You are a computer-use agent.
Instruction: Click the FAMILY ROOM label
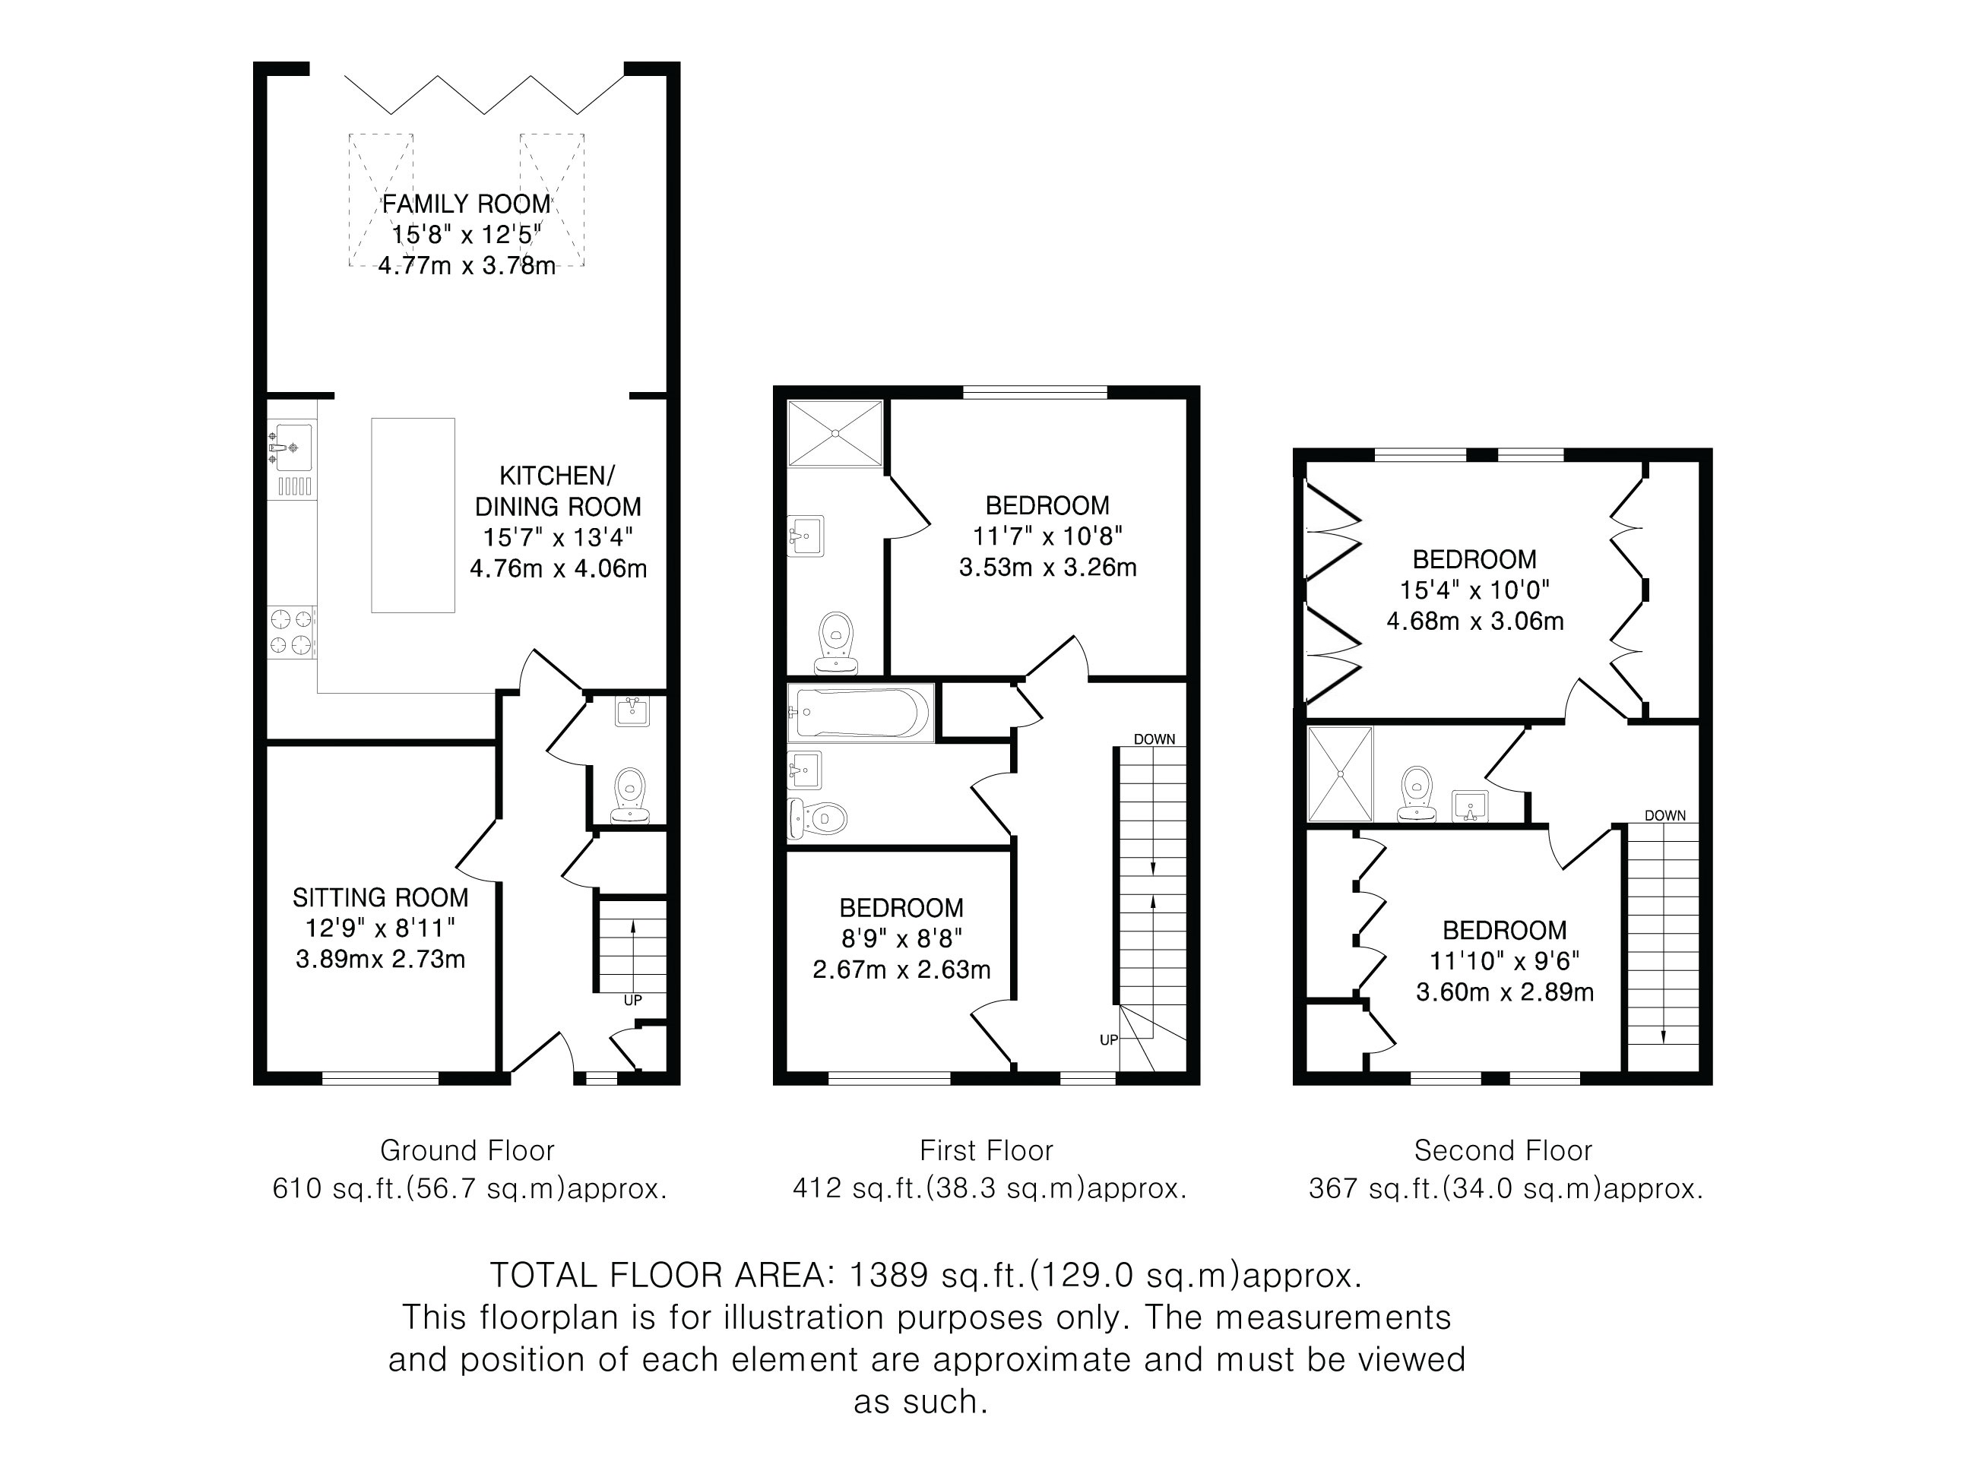467,204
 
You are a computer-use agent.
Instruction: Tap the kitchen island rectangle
413,515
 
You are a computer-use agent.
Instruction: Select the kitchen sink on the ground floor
291,447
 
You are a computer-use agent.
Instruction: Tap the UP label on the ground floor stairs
632,1000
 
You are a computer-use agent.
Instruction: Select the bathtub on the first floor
860,713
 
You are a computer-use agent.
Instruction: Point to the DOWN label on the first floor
1154,739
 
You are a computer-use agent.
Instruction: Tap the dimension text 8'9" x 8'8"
902,938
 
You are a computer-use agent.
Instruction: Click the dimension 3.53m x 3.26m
1047,567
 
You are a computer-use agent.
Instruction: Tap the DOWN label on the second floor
1664,814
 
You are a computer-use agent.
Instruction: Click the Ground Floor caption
467,1150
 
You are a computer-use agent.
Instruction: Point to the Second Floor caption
1503,1150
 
